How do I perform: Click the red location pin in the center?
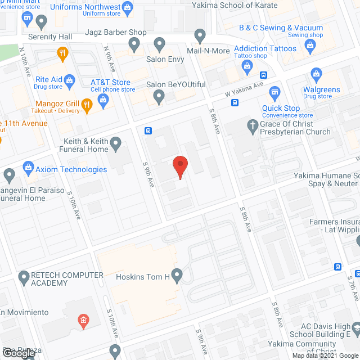(179, 166)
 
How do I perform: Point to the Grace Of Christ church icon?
(253, 125)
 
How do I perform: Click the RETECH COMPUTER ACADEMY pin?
(24, 276)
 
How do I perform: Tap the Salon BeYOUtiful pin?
(159, 97)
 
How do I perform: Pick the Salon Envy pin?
(159, 43)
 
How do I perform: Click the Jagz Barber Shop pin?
(134, 43)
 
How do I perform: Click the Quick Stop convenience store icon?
(274, 92)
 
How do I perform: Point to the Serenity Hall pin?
(40, 22)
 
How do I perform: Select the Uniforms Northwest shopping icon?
(127, 7)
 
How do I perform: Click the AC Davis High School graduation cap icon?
(355, 328)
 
